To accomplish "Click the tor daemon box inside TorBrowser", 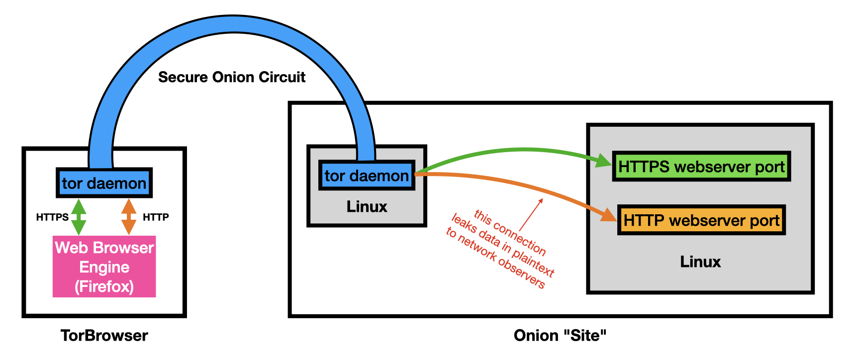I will click(x=104, y=183).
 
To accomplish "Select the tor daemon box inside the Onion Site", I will click(x=367, y=176).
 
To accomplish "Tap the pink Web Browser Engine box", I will click(x=104, y=267).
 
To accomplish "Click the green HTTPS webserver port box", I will click(x=701, y=167).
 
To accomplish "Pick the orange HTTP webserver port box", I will click(x=701, y=220).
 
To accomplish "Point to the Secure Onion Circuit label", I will click(x=232, y=77).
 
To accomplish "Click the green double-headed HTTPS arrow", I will click(x=79, y=217).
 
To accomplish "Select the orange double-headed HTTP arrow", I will click(x=129, y=217).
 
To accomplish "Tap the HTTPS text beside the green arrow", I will click(x=52, y=217).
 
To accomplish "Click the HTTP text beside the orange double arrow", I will click(x=156, y=217).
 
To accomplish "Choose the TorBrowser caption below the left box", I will click(x=104, y=336).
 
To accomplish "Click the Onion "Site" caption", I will click(x=560, y=336).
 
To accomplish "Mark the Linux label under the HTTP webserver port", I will click(x=700, y=262).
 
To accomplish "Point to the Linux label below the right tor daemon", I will click(x=367, y=207).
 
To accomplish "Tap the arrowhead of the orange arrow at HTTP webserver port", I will click(x=609, y=215).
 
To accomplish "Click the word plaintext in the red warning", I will click(x=533, y=264).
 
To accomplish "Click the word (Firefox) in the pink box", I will click(x=104, y=287).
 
